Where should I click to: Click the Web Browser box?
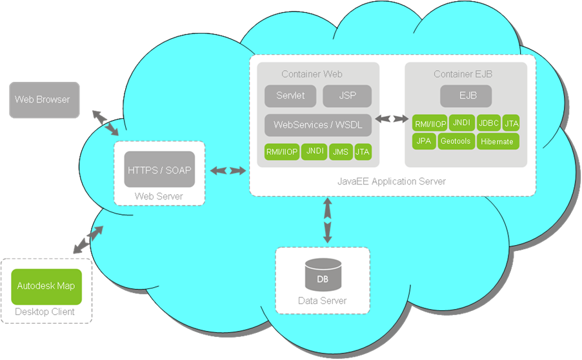pyautogui.click(x=44, y=100)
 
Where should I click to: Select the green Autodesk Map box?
pyautogui.click(x=46, y=286)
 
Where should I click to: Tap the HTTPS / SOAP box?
pyautogui.click(x=159, y=170)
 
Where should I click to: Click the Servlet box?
pyautogui.click(x=290, y=95)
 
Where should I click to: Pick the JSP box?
pyautogui.click(x=347, y=95)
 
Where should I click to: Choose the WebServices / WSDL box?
pyautogui.click(x=318, y=125)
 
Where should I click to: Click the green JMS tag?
pyautogui.click(x=340, y=152)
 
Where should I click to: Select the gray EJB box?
pyautogui.click(x=466, y=95)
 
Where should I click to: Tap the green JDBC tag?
pyautogui.click(x=488, y=123)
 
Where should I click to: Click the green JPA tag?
pyautogui.click(x=423, y=141)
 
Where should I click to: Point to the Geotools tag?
pyautogui.click(x=456, y=141)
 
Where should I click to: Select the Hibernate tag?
pyautogui.click(x=497, y=141)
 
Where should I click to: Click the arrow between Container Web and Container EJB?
pyautogui.click(x=392, y=119)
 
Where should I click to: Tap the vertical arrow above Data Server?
pyautogui.click(x=327, y=221)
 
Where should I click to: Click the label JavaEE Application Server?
pyautogui.click(x=391, y=181)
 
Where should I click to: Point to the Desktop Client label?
pyautogui.click(x=45, y=312)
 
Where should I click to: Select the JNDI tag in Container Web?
pyautogui.click(x=314, y=152)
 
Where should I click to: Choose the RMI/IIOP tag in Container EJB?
pyautogui.click(x=429, y=123)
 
